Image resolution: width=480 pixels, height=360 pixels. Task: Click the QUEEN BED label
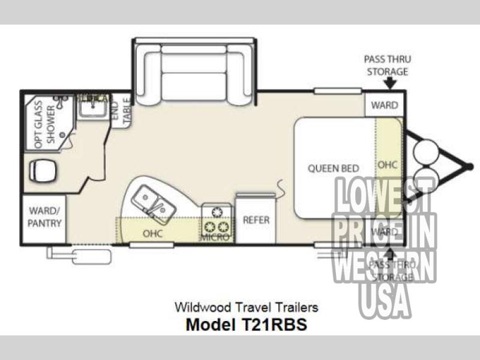pyautogui.click(x=334, y=168)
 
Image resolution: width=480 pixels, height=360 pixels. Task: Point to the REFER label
pyautogui.click(x=256, y=220)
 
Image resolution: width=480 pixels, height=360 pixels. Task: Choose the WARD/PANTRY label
pyautogui.click(x=43, y=218)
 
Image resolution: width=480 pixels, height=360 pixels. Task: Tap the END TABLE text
pyautogui.click(x=122, y=111)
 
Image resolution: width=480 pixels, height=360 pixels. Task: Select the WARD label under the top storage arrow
pyautogui.click(x=384, y=105)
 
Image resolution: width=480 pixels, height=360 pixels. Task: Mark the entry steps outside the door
pyautogui.click(x=80, y=256)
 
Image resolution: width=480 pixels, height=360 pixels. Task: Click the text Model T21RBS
pyautogui.click(x=247, y=325)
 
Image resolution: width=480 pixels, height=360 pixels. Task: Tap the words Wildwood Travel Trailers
pyautogui.click(x=247, y=307)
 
